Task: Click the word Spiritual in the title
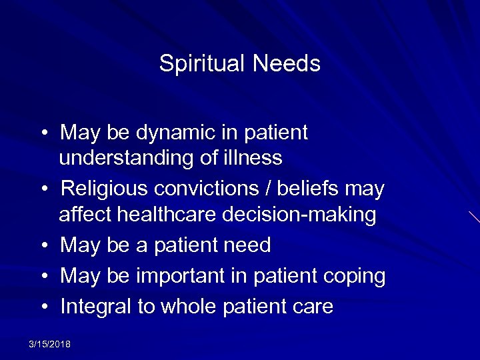[199, 64]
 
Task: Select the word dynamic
[169, 133]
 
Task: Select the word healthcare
[173, 215]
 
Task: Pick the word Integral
[96, 307]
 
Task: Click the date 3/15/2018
[50, 344]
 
